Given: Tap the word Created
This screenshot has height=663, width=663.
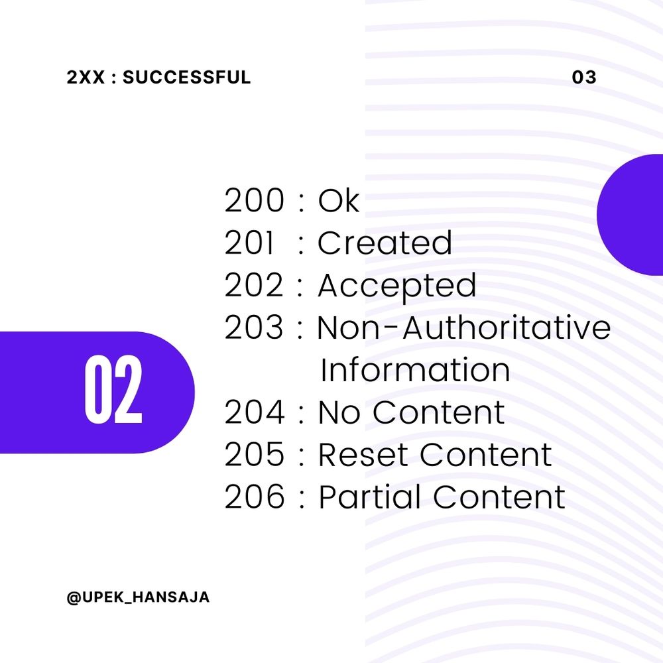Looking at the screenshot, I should click(x=385, y=243).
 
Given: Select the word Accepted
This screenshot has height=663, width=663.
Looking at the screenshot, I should click(x=396, y=286).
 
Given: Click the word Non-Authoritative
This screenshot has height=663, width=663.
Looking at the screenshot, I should click(x=464, y=328).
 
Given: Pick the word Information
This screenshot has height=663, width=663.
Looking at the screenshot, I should click(x=415, y=371).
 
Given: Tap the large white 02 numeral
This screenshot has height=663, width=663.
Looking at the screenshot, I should click(x=113, y=391).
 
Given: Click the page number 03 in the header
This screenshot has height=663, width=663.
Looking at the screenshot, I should click(x=584, y=78).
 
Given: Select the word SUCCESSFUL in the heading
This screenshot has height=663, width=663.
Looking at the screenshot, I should click(x=187, y=78).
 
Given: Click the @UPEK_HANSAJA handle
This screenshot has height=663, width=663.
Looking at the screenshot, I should click(x=138, y=597).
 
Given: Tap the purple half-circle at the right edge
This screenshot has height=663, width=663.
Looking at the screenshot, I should click(x=633, y=215).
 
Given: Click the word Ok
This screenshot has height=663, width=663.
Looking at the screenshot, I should click(x=339, y=201).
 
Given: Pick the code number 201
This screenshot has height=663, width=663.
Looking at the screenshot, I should click(x=249, y=243).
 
